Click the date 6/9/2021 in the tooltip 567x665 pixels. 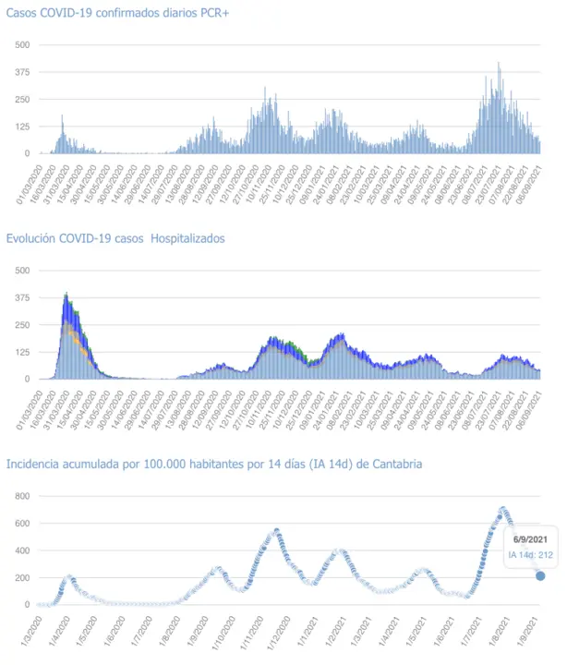(531, 538)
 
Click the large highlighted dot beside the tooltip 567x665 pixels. (540, 576)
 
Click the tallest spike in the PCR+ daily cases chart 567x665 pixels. (499, 64)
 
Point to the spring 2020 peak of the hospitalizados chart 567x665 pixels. (66, 296)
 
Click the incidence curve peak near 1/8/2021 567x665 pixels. (503, 509)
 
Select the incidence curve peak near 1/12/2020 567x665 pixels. (276, 530)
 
